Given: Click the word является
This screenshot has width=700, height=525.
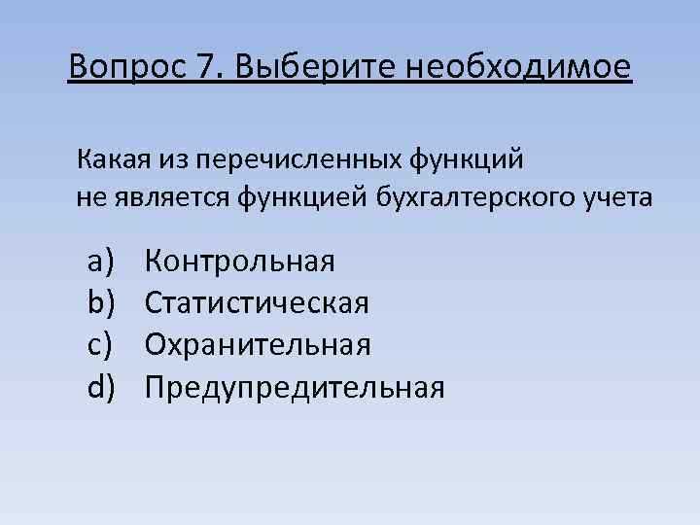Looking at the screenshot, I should pos(165,197).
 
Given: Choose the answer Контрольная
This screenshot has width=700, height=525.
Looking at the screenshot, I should pos(240,262).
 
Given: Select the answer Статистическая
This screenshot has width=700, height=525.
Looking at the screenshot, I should pos(257,303).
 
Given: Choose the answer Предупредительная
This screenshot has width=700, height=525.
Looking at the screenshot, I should pos(295,387).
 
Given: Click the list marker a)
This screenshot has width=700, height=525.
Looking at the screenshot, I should pos(101,262).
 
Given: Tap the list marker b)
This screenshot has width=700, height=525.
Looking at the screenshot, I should pos(101,303).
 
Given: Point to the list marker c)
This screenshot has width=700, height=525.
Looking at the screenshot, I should pos(101,345).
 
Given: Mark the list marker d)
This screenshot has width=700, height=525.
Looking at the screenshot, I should pos(101,387).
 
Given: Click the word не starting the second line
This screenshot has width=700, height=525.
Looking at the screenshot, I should pos(87,197).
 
